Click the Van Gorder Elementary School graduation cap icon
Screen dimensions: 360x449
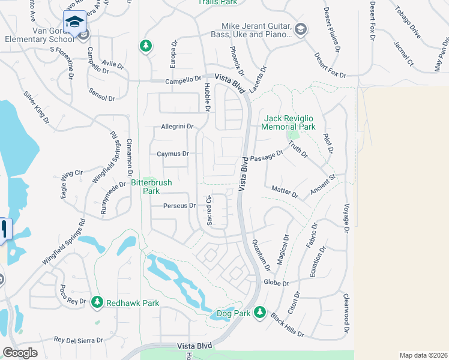coord(74,22)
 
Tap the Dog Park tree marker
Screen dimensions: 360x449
coord(259,312)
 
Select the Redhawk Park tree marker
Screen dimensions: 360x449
coord(97,303)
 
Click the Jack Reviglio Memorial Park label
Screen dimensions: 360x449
coord(289,122)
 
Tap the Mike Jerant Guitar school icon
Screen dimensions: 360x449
coord(300,29)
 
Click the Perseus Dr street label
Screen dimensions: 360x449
coord(179,206)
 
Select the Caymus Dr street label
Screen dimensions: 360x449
coord(173,154)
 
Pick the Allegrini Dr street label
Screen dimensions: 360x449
coord(176,127)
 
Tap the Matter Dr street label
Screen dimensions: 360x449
coord(285,192)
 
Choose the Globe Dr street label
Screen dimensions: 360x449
coord(276,283)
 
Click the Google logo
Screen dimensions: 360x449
coord(20,353)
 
